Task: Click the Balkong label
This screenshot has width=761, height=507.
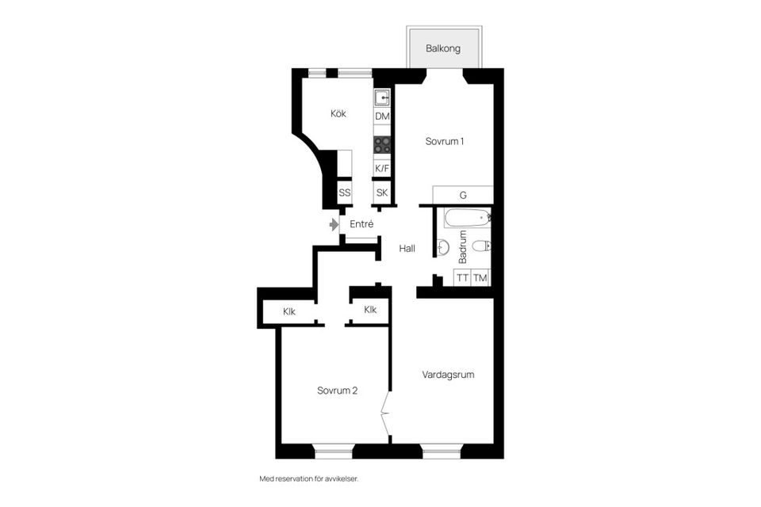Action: [442, 48]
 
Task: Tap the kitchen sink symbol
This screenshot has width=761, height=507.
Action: [382, 98]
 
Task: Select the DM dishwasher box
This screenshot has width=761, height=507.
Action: [382, 116]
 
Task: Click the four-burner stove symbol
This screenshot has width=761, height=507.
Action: [382, 145]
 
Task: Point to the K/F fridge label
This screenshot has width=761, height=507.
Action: [382, 169]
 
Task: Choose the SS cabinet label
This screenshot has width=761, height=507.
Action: [345, 193]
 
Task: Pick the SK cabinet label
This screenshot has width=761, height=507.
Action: [382, 193]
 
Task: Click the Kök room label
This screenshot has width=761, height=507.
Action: [338, 113]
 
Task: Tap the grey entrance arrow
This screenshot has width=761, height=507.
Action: [334, 225]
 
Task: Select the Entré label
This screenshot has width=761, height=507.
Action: [361, 224]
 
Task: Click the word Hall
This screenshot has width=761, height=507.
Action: [407, 249]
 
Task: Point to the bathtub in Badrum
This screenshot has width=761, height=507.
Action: [467, 218]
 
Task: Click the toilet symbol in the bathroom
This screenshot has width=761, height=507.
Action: [482, 246]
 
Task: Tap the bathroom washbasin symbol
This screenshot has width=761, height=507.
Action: [442, 247]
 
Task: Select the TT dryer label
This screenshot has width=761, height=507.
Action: [462, 278]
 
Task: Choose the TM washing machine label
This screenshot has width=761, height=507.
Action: [480, 278]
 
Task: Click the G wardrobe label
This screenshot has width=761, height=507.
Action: [463, 195]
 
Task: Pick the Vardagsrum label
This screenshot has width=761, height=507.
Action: [448, 375]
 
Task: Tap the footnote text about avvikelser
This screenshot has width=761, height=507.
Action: [308, 478]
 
